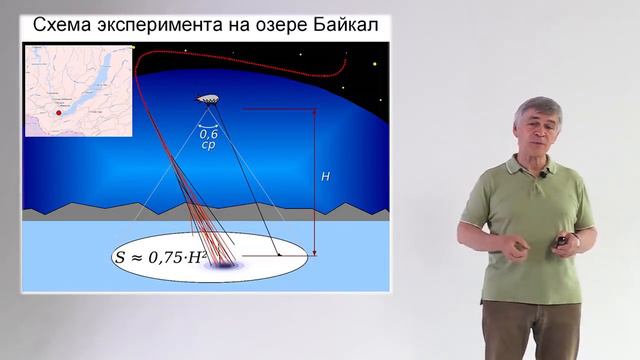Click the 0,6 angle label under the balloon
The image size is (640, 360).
[x=208, y=132]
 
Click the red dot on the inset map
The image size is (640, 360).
[x=59, y=113]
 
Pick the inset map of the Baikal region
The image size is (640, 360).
[x=78, y=91]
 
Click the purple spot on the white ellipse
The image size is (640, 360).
[x=221, y=265]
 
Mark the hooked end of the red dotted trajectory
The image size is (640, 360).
[x=345, y=63]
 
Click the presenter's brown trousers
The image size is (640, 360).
[x=532, y=330]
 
